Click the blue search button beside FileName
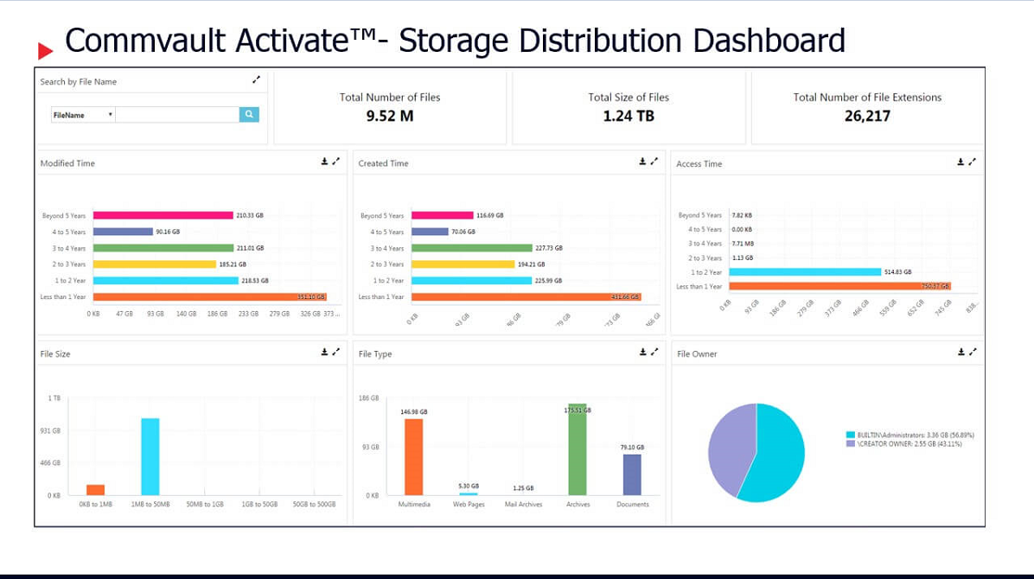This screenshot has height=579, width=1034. [x=249, y=114]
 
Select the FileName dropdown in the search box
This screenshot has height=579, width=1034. [x=83, y=115]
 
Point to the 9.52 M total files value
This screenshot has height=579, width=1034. [x=390, y=116]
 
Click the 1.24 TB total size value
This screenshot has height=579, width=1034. [x=629, y=116]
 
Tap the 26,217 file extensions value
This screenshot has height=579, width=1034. [x=867, y=116]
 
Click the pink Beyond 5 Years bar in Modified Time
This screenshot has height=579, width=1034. [x=163, y=215]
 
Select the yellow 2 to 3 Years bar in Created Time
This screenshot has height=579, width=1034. [x=463, y=264]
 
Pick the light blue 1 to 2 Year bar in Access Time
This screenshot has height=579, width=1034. [x=803, y=272]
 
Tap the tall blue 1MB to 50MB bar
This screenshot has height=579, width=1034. [x=150, y=456]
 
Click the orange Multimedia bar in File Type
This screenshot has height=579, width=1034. [x=413, y=456]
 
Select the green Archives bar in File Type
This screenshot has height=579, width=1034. [x=577, y=449]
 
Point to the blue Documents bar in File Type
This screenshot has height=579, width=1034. [x=632, y=474]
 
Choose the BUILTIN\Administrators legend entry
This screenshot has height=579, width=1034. [x=903, y=435]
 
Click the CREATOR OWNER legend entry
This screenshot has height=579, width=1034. [x=903, y=443]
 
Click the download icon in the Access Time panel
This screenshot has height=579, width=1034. [x=961, y=162]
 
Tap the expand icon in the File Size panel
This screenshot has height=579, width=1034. [x=336, y=352]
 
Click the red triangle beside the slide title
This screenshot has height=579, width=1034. [x=45, y=51]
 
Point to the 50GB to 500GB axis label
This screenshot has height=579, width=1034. [x=314, y=504]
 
